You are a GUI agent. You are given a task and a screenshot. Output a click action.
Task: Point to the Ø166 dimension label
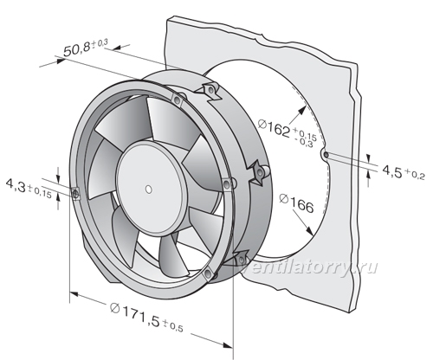point(296,202)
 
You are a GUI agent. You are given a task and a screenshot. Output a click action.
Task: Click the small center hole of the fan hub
point(149,190)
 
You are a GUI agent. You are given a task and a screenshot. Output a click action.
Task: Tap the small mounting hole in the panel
point(326,155)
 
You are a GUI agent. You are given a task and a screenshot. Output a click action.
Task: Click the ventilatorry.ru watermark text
point(309,267)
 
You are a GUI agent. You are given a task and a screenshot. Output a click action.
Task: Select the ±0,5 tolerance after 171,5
point(173,325)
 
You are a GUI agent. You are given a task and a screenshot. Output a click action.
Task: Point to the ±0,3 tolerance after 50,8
point(100,44)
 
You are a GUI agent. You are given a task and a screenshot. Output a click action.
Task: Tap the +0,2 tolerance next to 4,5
point(415,175)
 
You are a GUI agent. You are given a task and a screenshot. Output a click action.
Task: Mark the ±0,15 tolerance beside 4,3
point(40,192)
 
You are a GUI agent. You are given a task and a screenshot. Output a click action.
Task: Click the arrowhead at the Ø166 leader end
point(309,230)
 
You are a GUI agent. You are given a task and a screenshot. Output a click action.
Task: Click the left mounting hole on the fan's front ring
point(75,194)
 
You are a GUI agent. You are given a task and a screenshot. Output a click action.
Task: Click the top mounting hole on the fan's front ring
point(177,100)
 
